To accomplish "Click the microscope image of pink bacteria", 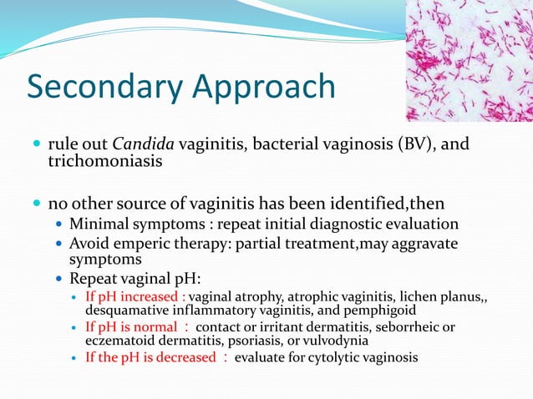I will pyautogui.click(x=469, y=61).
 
